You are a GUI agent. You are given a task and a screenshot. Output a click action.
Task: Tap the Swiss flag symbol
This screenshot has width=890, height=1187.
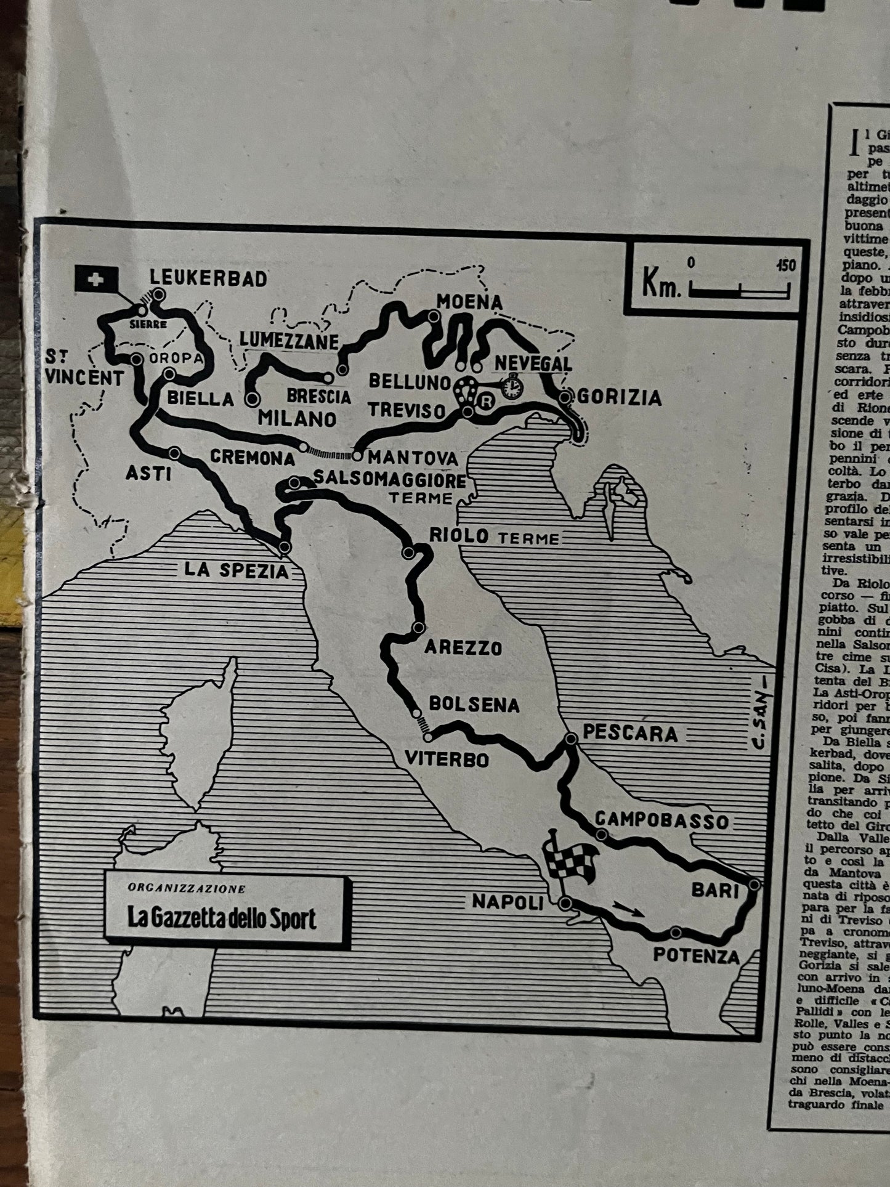pos(97,282)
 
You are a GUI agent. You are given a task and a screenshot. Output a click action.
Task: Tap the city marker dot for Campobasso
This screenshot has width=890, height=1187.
pos(602,834)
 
